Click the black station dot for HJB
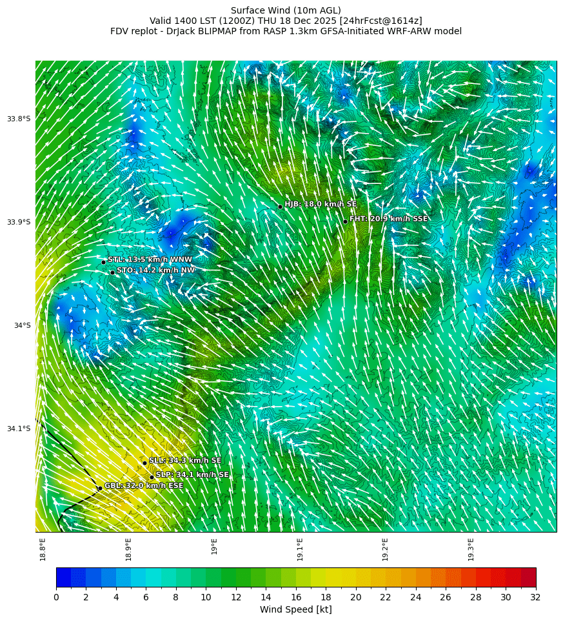click(280, 207)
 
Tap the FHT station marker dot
click(345, 221)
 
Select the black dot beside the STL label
click(103, 262)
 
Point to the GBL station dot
click(100, 488)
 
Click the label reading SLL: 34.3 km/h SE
click(185, 460)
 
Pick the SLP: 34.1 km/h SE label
click(192, 474)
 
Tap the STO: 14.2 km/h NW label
click(155, 270)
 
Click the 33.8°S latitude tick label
click(19, 119)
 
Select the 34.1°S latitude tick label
click(19, 429)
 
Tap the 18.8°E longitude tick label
click(43, 549)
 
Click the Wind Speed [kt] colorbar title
click(295, 609)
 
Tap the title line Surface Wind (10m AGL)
click(286, 10)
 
